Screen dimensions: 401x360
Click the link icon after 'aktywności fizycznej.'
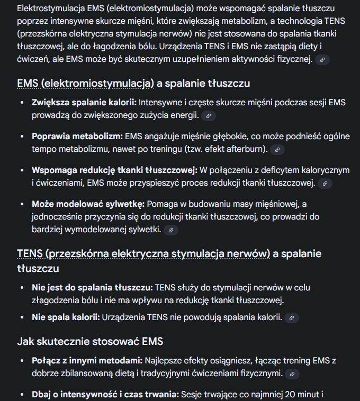coord(322,60)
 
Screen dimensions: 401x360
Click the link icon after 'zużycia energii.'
coord(209,115)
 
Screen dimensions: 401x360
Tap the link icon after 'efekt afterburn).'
coord(277,150)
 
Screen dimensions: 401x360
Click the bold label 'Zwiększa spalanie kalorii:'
coord(84,102)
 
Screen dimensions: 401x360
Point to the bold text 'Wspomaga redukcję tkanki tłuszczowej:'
coord(114,170)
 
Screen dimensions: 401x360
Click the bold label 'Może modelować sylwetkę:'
coord(88,204)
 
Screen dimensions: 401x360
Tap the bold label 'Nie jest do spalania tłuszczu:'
coord(92,288)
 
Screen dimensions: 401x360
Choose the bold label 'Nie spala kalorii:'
coord(66,317)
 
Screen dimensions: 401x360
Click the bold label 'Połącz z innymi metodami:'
coord(87,361)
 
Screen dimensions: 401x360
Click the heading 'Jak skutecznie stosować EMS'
coord(90,341)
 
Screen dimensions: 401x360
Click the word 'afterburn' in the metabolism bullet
coord(244,149)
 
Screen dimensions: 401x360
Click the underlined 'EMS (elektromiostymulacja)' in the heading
coord(85,84)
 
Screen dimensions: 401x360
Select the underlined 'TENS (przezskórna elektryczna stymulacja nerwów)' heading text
coord(143,254)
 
